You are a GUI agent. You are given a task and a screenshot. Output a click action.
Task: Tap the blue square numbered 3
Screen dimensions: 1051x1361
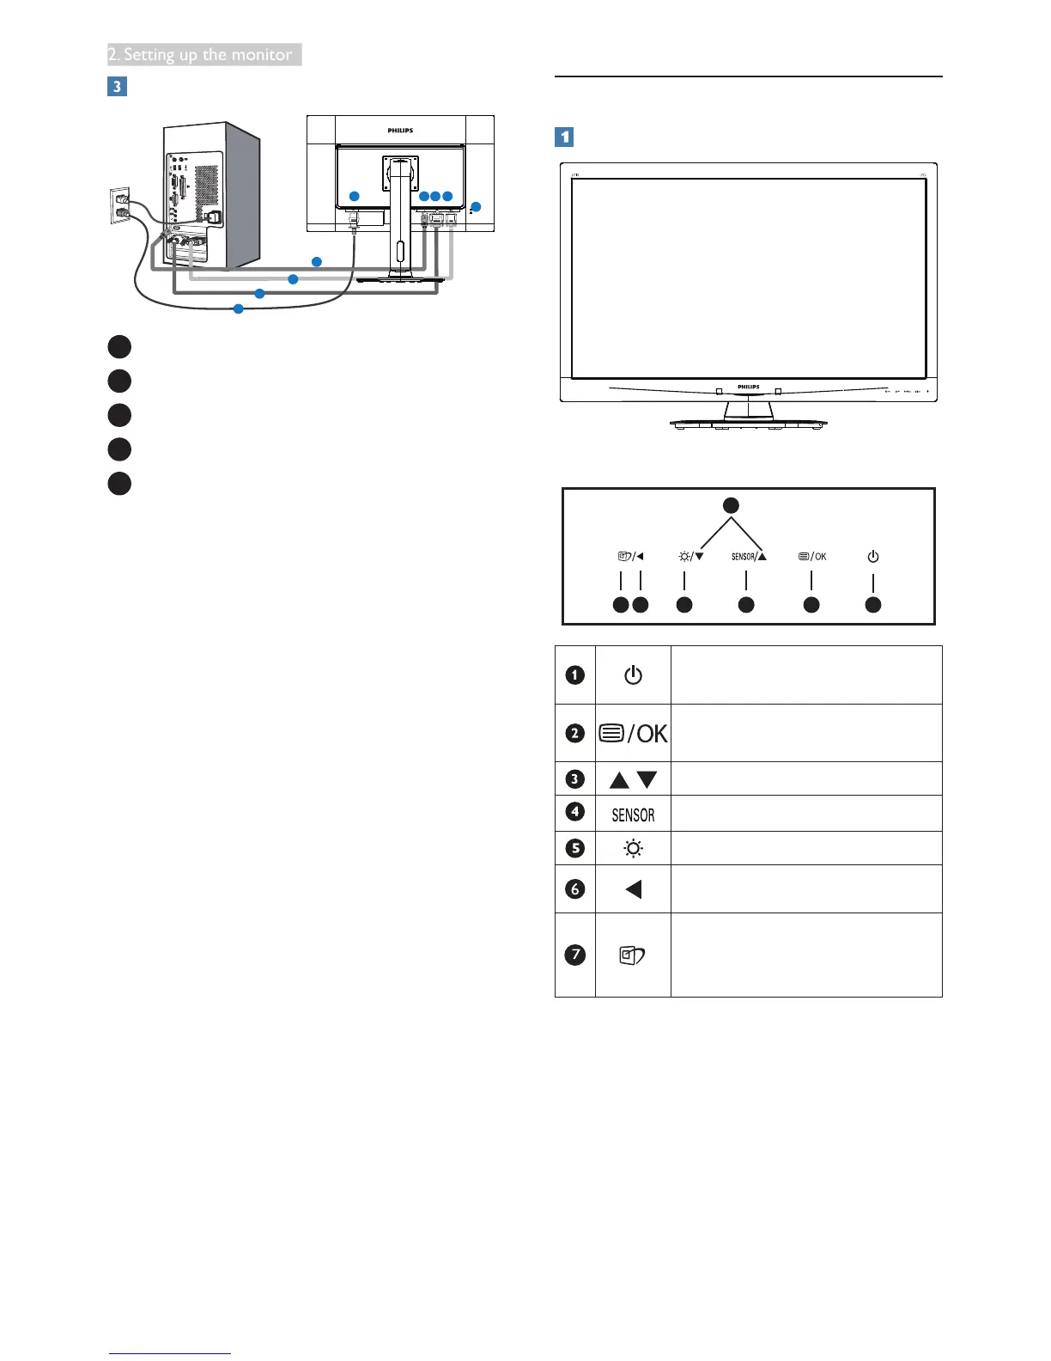(117, 87)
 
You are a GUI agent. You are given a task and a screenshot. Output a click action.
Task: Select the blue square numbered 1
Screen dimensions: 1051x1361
(564, 137)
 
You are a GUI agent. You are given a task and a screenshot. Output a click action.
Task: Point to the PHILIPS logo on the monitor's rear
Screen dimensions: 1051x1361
(400, 131)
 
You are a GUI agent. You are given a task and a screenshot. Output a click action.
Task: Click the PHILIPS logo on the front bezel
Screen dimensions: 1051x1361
(748, 387)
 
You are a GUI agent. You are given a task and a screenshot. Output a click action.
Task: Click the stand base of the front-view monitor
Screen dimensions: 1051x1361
(748, 424)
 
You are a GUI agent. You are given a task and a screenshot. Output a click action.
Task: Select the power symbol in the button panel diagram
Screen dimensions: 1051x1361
(872, 557)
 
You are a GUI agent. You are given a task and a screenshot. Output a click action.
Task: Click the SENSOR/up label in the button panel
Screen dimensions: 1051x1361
(748, 557)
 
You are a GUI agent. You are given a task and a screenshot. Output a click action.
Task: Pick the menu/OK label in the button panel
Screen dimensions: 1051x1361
(811, 557)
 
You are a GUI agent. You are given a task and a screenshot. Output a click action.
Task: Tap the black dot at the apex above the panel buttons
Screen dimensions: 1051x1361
(731, 505)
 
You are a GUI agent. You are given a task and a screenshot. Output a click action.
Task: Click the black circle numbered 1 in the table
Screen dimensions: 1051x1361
(575, 675)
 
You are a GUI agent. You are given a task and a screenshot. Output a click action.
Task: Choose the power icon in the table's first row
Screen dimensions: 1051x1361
(633, 675)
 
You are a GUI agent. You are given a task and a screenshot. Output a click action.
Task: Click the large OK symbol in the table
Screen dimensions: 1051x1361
(652, 734)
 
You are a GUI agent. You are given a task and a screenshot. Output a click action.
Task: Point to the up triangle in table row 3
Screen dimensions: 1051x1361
(619, 780)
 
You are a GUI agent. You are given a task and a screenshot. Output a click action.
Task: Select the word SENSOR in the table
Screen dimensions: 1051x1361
(633, 815)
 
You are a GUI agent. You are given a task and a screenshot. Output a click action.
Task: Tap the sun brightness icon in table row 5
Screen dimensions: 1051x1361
(633, 849)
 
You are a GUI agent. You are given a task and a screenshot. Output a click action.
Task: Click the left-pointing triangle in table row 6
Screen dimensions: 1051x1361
(634, 889)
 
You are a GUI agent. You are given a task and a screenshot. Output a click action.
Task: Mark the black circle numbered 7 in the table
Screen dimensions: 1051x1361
(575, 955)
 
